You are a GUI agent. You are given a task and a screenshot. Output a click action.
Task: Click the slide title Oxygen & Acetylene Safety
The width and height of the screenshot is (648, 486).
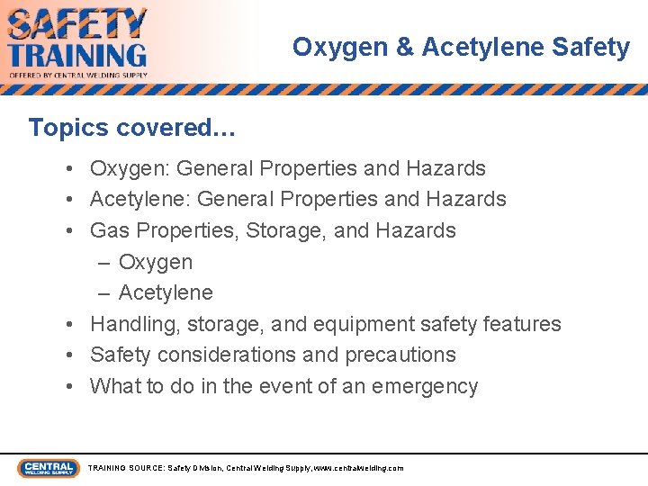[461, 48]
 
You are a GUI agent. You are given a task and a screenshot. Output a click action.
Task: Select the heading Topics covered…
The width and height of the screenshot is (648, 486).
[131, 128]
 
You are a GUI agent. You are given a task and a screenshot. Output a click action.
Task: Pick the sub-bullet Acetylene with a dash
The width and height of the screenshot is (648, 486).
[165, 292]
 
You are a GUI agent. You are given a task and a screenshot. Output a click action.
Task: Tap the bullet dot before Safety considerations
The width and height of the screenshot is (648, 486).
[69, 355]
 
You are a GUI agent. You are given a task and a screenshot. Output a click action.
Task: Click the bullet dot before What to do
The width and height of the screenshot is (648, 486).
[69, 387]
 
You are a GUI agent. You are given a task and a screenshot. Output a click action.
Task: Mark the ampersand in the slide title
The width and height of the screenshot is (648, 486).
[404, 48]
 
